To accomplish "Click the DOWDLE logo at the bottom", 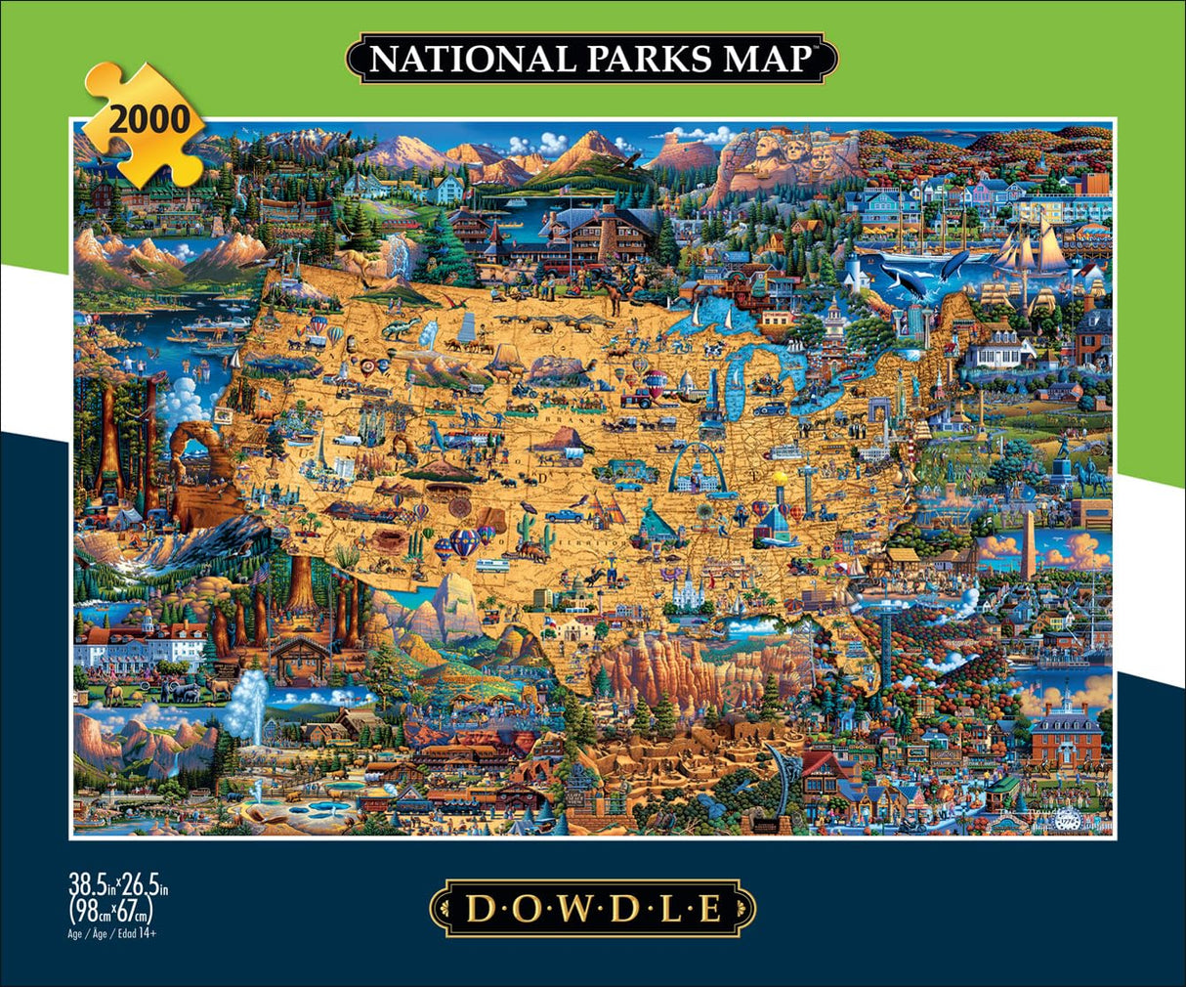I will click(593, 908).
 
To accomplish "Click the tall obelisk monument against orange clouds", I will click(1029, 546).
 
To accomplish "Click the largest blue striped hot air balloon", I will click(465, 543).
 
